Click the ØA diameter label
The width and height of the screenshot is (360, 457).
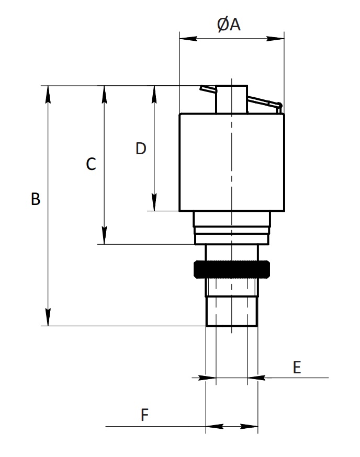(x=229, y=24)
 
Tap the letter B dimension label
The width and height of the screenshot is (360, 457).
(x=36, y=199)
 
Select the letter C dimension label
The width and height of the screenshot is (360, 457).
(x=91, y=164)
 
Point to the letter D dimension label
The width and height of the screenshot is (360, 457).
(x=141, y=148)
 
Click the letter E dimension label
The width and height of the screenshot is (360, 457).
(x=297, y=367)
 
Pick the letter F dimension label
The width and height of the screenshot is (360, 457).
(x=145, y=415)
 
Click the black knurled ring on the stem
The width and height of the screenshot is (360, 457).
(x=232, y=269)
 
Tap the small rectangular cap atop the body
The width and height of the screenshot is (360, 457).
(x=232, y=99)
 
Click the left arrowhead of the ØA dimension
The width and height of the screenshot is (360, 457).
(x=188, y=39)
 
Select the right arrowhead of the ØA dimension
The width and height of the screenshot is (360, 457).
(x=275, y=39)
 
